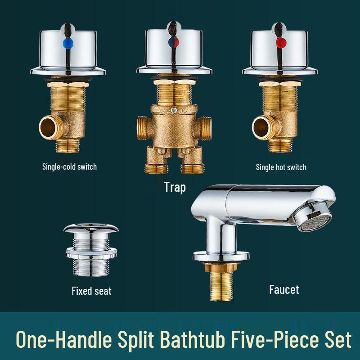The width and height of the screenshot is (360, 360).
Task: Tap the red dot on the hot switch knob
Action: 282,44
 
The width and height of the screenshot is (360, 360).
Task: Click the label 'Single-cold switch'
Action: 69,166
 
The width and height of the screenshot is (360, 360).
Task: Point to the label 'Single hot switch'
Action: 281,167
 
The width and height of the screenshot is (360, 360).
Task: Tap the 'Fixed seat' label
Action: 91,291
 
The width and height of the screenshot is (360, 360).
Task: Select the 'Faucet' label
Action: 283,289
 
